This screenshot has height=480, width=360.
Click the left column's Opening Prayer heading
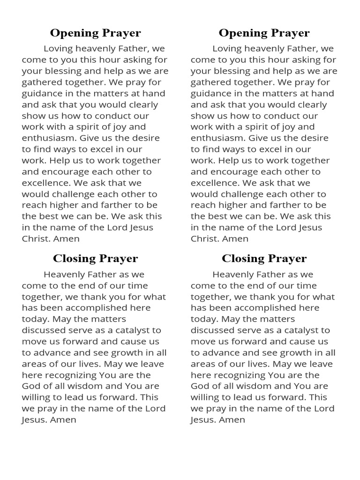tap(95, 33)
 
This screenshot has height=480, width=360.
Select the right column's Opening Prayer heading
tap(264, 33)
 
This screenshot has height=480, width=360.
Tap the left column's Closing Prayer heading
tap(95, 258)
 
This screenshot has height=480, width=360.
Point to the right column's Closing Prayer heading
tap(264, 258)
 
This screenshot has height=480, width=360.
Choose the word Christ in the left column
tap(35, 239)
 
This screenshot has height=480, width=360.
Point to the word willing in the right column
tap(204, 397)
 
